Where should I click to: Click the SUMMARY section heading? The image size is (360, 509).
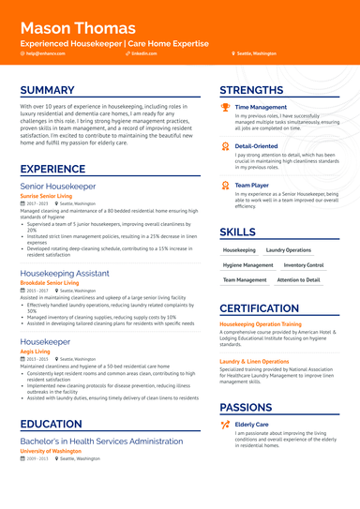point(47,90)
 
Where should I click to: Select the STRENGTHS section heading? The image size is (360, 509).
point(250,90)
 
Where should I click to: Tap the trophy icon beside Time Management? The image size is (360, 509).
point(225,107)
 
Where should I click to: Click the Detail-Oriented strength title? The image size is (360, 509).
point(256,146)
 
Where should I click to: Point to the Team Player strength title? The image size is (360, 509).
point(252,186)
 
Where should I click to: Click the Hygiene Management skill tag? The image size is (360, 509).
point(247,265)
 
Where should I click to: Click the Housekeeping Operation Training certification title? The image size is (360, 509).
point(274,324)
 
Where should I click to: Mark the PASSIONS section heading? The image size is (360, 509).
point(246,408)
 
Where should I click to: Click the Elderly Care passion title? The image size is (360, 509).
point(252,425)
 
